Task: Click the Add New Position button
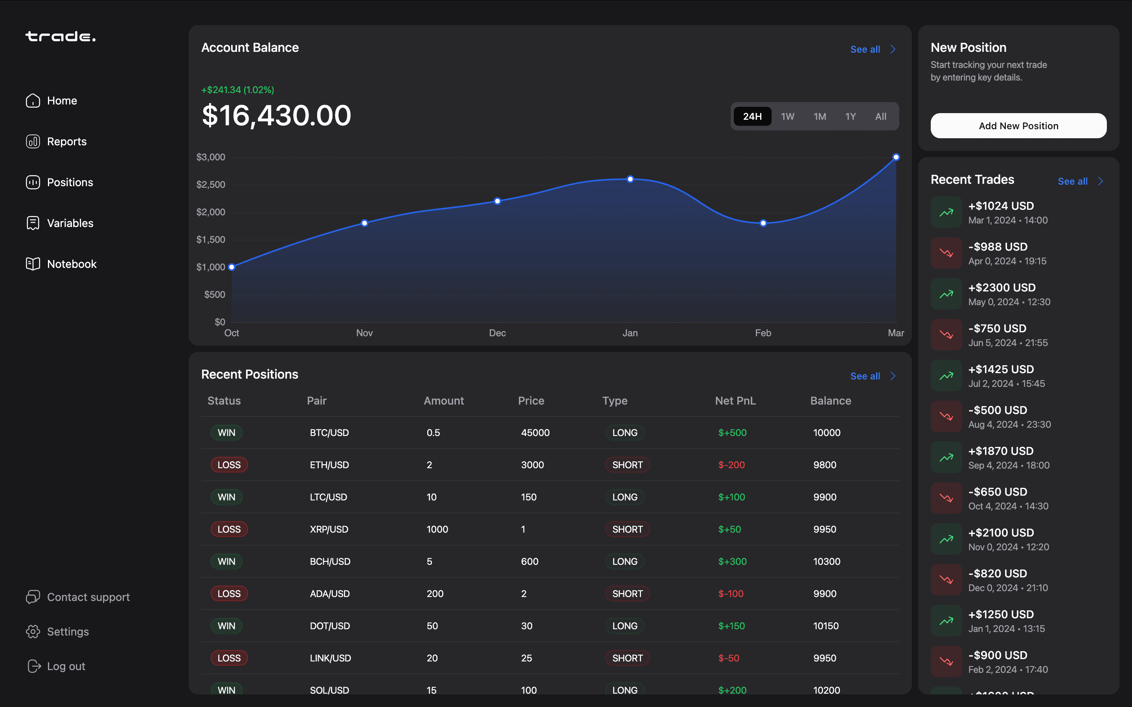1018,126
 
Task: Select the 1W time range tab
787,116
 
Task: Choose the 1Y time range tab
850,116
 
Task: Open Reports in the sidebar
66,141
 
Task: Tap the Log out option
66,666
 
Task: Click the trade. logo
61,37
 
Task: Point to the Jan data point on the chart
630,179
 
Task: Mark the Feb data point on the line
763,223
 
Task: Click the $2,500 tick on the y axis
211,184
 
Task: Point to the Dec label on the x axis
497,333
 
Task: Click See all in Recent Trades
1073,181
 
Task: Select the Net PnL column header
735,401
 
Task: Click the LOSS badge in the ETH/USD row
229,465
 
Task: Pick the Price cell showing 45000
535,432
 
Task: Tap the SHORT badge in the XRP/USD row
627,529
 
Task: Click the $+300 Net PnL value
732,561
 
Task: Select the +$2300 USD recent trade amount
1002,288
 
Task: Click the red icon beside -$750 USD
946,335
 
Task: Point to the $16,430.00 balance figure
276,115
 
